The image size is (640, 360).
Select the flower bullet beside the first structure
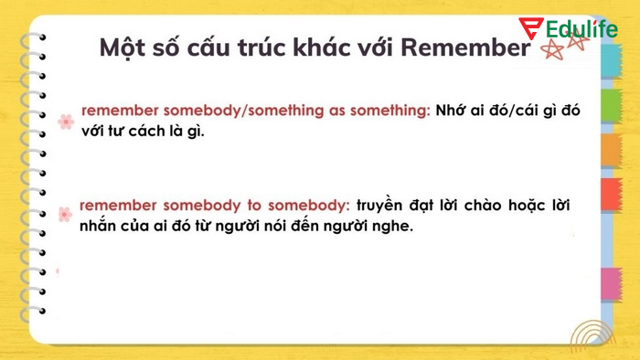click(x=65, y=121)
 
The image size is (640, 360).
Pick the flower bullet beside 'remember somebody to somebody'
click(x=65, y=214)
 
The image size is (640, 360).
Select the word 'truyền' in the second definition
click(x=379, y=205)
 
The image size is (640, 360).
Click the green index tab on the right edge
click(x=611, y=101)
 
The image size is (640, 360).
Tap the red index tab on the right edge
click(x=611, y=195)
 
